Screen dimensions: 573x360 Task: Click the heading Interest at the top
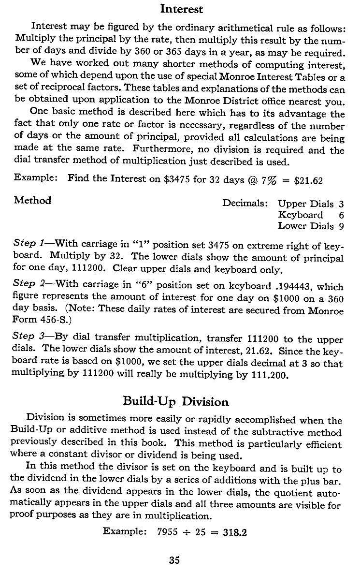point(181,9)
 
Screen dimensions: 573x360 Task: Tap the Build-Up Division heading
point(175,401)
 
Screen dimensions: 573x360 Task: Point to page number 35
point(174,560)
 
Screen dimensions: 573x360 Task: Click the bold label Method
point(33,200)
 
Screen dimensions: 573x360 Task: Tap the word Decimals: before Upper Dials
point(245,204)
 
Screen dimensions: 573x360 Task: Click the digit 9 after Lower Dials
point(341,226)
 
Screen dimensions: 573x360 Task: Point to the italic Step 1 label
point(30,245)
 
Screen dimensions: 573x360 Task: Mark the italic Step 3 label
point(30,336)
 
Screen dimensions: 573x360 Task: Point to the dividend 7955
point(168,532)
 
